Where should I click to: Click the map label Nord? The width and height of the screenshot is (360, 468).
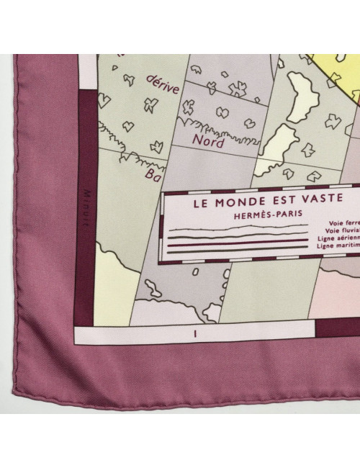[208, 141]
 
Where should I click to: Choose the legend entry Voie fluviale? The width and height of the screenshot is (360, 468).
[340, 231]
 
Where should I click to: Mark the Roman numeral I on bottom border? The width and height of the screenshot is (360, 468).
[194, 333]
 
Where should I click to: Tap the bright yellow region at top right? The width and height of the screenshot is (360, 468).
[338, 72]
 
